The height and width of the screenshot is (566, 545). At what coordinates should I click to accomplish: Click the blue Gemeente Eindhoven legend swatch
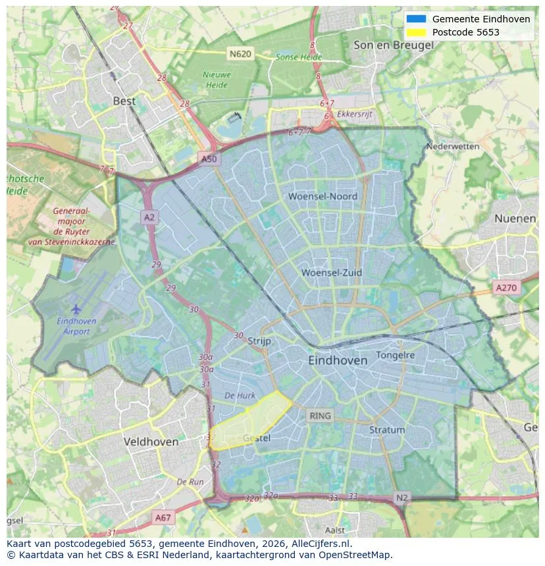click(417, 19)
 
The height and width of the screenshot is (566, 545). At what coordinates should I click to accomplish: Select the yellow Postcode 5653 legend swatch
click(417, 32)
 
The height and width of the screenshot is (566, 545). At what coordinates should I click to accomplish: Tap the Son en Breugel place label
click(393, 45)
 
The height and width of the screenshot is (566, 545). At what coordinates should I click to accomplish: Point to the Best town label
click(124, 101)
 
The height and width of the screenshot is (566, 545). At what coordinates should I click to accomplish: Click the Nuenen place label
click(515, 218)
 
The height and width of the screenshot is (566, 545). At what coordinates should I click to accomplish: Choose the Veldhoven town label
click(151, 442)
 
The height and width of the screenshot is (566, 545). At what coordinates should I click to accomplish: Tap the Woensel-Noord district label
click(323, 197)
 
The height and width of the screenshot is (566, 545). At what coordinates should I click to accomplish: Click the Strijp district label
click(260, 341)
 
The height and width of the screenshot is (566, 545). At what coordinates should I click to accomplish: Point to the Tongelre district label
click(395, 355)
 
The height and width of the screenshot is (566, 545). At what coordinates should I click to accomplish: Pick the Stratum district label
click(387, 430)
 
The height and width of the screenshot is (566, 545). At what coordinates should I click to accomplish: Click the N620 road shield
click(240, 53)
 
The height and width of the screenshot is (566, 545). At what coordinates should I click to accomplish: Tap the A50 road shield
click(209, 159)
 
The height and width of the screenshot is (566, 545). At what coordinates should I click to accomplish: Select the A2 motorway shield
click(149, 218)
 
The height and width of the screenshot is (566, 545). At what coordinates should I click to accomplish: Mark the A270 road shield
click(506, 287)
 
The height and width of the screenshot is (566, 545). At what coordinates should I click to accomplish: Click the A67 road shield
click(163, 518)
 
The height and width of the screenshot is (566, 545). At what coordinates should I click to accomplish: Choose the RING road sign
click(321, 415)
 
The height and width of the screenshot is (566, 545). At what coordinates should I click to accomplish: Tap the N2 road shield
click(402, 498)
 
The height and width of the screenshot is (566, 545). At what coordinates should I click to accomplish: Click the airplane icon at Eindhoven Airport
click(76, 308)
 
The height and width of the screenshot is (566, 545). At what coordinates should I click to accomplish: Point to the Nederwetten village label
click(453, 147)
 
